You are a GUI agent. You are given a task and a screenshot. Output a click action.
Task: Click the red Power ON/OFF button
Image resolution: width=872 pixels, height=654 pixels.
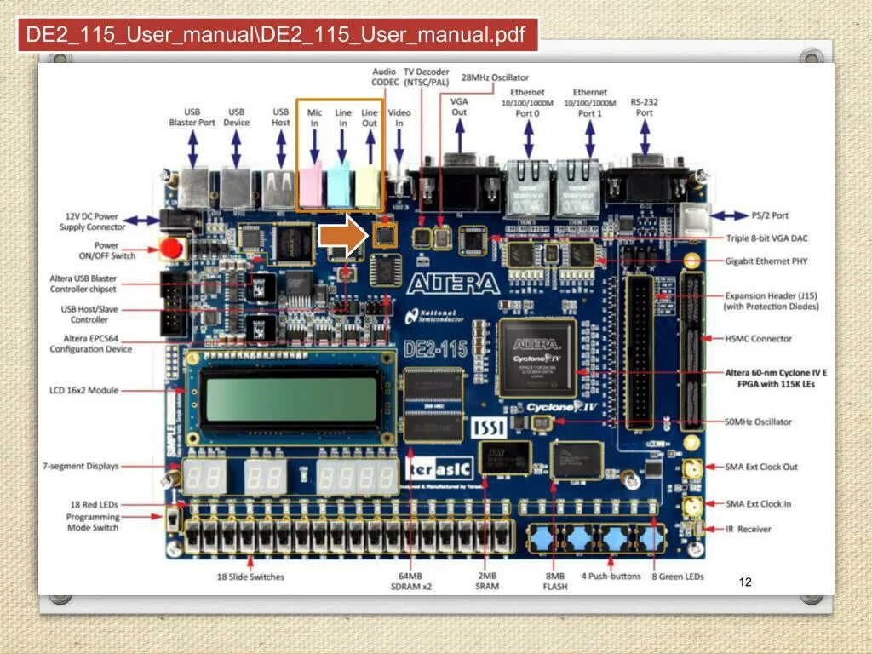click(173, 250)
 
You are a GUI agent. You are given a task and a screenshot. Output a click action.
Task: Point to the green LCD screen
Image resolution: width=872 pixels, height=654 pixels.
click(291, 400)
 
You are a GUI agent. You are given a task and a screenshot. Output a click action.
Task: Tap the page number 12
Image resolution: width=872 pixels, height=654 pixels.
click(745, 582)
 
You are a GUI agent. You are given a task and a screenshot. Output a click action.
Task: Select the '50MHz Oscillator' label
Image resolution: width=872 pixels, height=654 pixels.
click(758, 422)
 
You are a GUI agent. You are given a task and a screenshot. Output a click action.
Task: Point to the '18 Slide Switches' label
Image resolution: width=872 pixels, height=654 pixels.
click(250, 577)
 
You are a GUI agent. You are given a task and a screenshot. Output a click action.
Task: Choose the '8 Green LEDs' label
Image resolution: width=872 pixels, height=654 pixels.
click(678, 577)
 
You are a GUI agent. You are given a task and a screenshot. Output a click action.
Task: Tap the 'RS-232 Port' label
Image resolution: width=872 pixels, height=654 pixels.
click(645, 107)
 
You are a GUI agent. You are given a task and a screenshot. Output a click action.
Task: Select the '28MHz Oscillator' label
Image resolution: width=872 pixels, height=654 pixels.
click(495, 77)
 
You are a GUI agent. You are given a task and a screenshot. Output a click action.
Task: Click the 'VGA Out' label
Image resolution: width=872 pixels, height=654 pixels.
click(459, 106)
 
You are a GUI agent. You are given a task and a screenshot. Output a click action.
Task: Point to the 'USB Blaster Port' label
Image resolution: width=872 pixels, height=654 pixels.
click(192, 117)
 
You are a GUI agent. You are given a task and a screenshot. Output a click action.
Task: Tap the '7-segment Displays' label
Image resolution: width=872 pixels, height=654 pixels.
click(81, 467)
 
